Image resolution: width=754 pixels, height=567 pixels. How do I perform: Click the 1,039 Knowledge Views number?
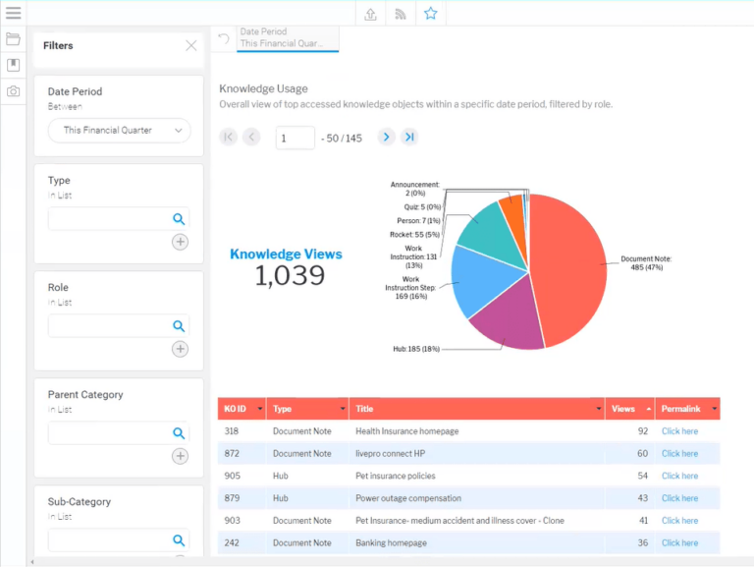click(x=290, y=276)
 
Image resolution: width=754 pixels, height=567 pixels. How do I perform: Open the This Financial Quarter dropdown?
click(x=119, y=131)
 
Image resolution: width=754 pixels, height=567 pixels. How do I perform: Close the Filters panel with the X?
click(x=191, y=45)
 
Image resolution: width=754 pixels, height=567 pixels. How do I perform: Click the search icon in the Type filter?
click(x=179, y=219)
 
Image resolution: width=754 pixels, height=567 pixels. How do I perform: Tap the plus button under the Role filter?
click(x=180, y=349)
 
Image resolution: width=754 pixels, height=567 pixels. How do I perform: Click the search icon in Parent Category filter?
click(x=179, y=433)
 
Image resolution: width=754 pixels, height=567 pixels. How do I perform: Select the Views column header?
click(x=623, y=409)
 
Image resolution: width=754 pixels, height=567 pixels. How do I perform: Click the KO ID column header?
click(x=236, y=409)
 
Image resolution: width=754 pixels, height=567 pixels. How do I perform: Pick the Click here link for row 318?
click(x=679, y=431)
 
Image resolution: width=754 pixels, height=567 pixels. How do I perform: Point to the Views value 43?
click(x=642, y=498)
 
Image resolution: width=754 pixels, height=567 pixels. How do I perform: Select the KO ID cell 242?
click(x=232, y=542)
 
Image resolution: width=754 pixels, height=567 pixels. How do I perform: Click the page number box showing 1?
click(x=295, y=138)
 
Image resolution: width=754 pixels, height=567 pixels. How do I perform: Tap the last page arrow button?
click(x=409, y=138)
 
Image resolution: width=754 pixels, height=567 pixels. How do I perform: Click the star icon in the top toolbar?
click(x=430, y=13)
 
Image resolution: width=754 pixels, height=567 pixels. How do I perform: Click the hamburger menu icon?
click(x=13, y=13)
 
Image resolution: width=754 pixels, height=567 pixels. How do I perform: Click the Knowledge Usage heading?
click(x=263, y=88)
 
